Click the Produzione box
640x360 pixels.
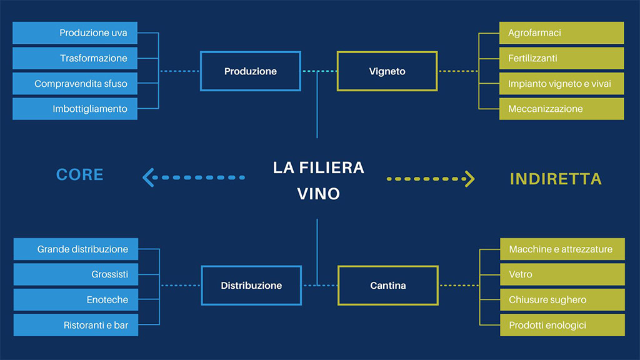coord(250,71)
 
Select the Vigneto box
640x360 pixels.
coord(387,71)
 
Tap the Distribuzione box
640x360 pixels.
coord(251,286)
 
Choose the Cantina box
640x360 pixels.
coord(387,286)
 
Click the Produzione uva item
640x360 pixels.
coord(75,32)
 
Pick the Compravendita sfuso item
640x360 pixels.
coord(75,83)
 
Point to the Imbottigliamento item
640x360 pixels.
coord(75,109)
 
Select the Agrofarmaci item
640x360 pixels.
coord(561,32)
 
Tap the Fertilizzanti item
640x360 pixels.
coord(561,58)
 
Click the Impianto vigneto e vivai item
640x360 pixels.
coord(561,83)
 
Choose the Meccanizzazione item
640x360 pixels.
coord(561,109)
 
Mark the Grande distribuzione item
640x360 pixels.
coord(76,249)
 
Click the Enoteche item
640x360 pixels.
coord(76,299)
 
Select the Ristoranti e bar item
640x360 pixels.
coord(76,325)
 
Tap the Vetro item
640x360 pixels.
coord(562,274)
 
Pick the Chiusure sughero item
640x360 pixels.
coord(562,299)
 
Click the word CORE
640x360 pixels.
coord(79,174)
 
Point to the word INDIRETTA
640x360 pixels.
coord(556,179)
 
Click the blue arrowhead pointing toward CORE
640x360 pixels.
coord(148,177)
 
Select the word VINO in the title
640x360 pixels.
coord(318,194)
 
